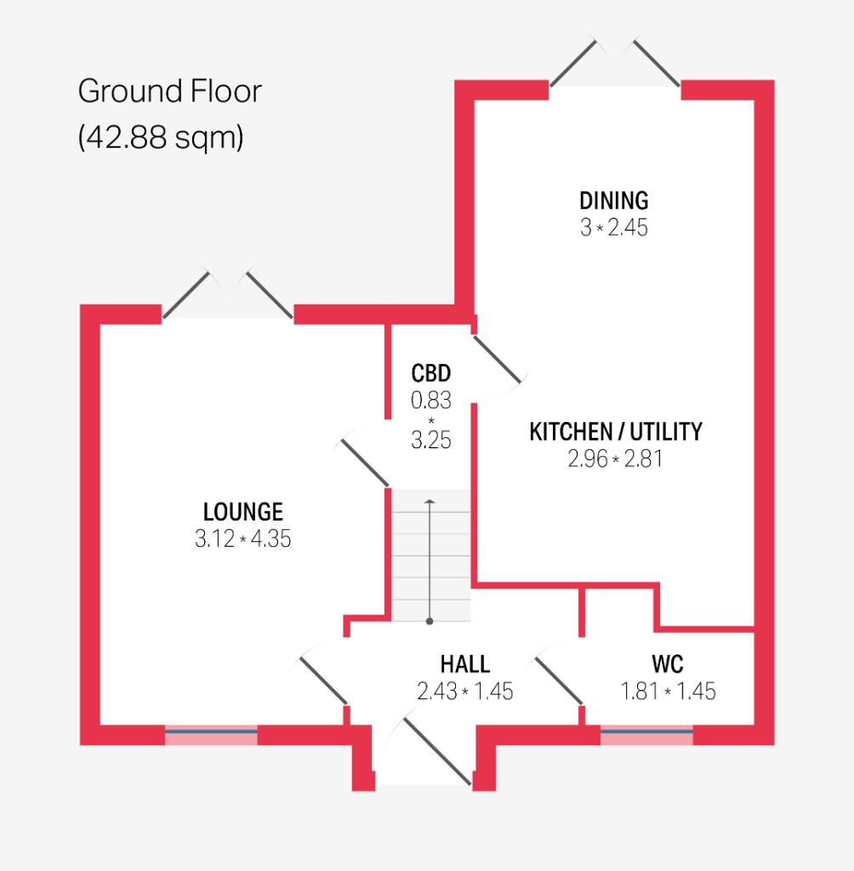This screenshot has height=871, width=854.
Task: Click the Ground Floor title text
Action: pos(169,91)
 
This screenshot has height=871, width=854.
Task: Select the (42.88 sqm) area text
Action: pos(161,136)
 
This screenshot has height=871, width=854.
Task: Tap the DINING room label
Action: pos(613,201)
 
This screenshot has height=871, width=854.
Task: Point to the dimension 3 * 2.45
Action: pos(613,228)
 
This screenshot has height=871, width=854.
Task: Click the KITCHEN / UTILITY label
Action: pos(615,432)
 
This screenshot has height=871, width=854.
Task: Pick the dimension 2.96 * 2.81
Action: pos(614,459)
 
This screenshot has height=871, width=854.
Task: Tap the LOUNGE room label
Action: pos(242,512)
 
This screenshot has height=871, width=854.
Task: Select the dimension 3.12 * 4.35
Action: pos(242,539)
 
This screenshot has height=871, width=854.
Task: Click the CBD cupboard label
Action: pos(430,373)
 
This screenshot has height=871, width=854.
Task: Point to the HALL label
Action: pos(464,663)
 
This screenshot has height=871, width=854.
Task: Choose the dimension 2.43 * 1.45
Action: pos(464,692)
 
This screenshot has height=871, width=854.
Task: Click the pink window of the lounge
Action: pos(211,735)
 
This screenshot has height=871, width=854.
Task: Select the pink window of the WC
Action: pos(646,735)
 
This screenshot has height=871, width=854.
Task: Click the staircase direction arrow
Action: pos(430,561)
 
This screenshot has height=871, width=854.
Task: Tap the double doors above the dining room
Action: pos(614,61)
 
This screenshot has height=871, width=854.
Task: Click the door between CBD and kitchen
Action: pos(497,358)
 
